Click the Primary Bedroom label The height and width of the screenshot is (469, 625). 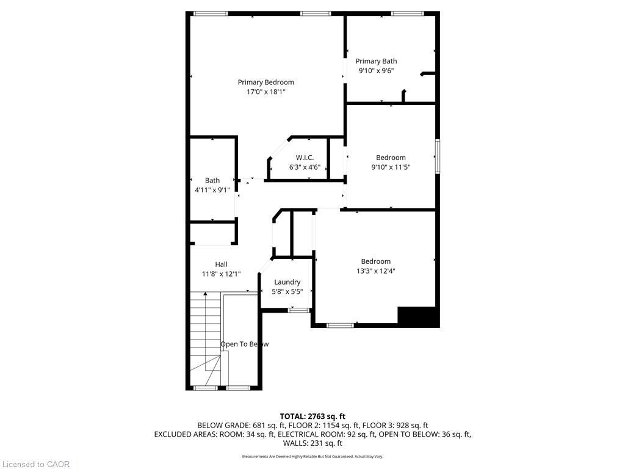(266, 82)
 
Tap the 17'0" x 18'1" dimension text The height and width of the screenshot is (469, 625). (266, 92)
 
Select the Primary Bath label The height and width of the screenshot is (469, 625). (376, 61)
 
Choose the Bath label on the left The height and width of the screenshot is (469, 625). (212, 180)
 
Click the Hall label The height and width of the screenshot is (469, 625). (221, 264)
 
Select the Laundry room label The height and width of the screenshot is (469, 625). (287, 282)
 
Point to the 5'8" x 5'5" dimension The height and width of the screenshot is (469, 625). (287, 291)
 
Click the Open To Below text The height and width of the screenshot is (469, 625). (244, 344)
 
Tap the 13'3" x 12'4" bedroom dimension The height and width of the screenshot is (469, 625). (375, 271)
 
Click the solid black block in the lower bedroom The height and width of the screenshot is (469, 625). (418, 316)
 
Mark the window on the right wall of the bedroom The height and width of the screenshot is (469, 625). (437, 156)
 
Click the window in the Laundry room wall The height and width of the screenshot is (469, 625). (298, 311)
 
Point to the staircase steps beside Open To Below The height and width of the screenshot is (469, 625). (205, 330)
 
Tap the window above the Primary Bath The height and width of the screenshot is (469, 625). (408, 13)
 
